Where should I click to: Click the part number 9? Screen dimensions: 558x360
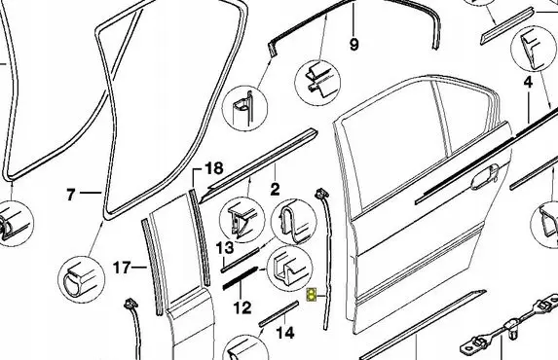353,45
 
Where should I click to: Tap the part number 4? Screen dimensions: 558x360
529,82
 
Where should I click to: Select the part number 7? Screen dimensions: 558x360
71,195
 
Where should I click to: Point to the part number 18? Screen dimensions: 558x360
214,168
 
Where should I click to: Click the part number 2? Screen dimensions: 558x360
275,190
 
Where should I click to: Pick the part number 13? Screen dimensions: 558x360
225,247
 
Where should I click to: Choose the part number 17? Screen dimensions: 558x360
122,268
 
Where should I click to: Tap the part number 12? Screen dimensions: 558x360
242,307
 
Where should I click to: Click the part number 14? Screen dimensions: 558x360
285,333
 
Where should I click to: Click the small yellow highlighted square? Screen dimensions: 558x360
312,295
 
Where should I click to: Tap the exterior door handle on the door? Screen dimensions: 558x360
485,177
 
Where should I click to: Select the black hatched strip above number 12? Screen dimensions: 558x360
240,278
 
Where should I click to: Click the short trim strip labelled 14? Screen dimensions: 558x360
279,313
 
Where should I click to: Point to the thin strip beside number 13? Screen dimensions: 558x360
241,261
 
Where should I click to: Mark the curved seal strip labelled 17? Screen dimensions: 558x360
153,267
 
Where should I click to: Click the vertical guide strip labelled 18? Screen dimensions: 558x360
200,236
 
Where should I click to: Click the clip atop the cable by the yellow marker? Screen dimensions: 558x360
321,194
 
